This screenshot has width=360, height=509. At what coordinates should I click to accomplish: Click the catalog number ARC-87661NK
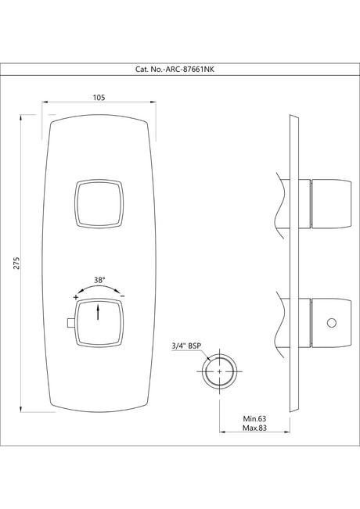coord(180,69)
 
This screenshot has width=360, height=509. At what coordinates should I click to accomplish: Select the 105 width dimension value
coord(99,97)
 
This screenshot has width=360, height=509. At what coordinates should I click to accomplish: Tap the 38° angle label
coord(99,279)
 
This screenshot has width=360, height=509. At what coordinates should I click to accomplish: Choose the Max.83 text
coord(255,429)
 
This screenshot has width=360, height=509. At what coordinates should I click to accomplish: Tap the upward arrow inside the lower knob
coord(99,313)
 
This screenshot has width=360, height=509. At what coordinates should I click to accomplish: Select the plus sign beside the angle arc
coord(76,298)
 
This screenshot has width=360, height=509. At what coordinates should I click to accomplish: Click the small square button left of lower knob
coord(70,323)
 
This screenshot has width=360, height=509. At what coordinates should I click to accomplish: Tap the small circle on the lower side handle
coord(332,323)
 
